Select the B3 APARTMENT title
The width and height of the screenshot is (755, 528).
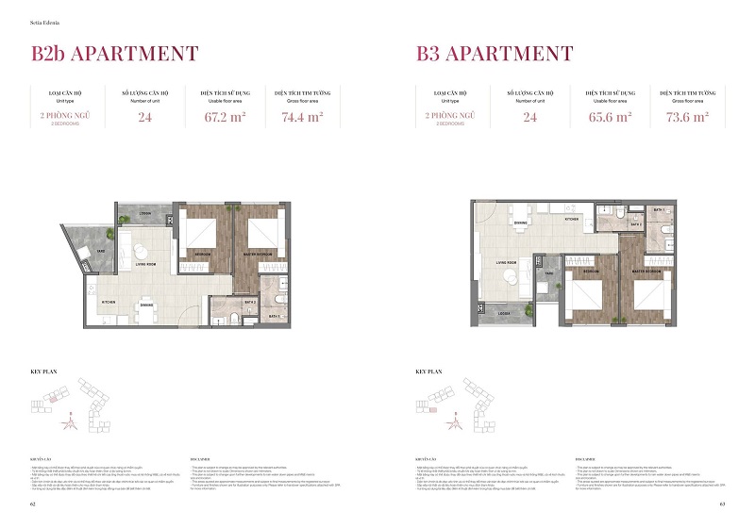495,54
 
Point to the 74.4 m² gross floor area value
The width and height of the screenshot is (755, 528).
302,118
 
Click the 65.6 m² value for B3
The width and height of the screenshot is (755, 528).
609,118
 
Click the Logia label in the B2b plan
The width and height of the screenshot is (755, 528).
146,213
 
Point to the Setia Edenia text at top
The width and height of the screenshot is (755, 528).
46,12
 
